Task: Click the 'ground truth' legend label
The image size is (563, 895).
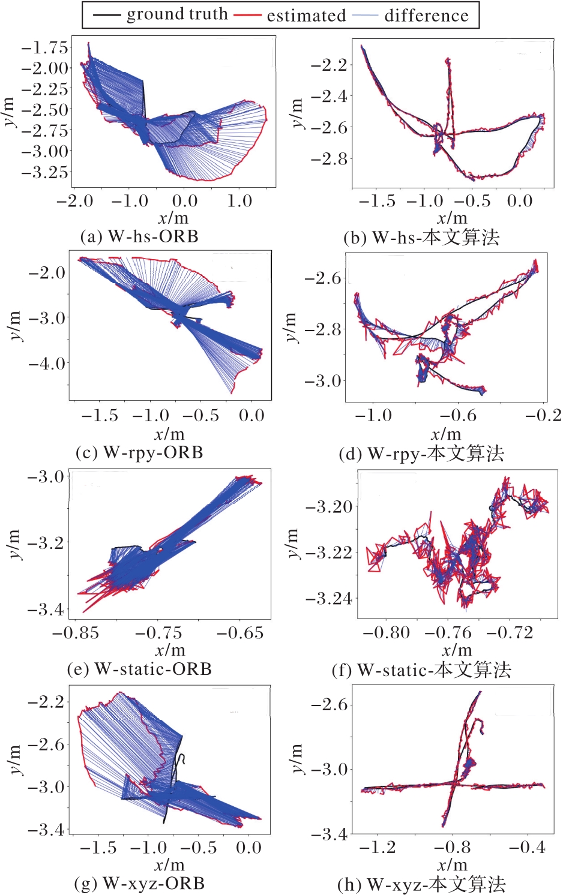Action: coord(177,14)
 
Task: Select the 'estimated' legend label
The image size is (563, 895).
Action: coord(306,15)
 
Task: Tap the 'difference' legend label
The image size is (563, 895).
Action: coord(426,15)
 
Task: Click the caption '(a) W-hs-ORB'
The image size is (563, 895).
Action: coord(139,236)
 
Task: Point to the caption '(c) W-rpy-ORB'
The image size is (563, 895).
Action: coord(139,452)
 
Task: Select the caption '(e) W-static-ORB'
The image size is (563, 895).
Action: coord(139,669)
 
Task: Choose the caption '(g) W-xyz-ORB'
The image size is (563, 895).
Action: coord(139,884)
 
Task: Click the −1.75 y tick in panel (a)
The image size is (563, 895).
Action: coord(45,47)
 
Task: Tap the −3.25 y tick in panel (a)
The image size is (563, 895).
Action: coord(45,172)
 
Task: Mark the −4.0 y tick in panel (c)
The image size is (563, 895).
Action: coord(46,363)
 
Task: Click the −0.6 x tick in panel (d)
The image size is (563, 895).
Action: coord(458,416)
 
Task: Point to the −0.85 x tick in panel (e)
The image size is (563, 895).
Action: coord(75,633)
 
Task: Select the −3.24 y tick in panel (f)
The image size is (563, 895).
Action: coord(328,598)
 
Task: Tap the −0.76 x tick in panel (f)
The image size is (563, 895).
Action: coord(448,633)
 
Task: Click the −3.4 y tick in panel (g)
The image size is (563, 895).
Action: coord(46,830)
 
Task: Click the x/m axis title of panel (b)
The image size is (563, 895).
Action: coord(451,218)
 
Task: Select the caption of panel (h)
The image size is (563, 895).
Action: coord(421,884)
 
